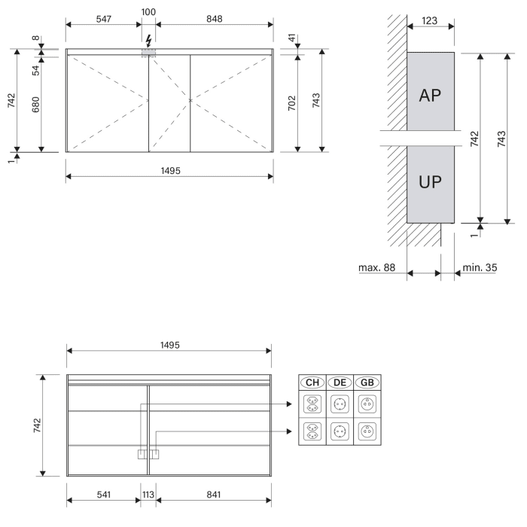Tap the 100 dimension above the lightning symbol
tap(148, 13)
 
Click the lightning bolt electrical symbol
tap(148, 41)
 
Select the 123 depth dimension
tap(430, 22)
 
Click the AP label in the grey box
tap(430, 95)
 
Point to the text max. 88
tap(377, 267)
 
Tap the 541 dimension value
tap(103, 495)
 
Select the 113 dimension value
tap(148, 495)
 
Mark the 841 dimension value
tap(213, 495)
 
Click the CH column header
tap(312, 382)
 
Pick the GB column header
tap(367, 382)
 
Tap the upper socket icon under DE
tap(340, 404)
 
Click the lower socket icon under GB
tap(367, 431)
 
